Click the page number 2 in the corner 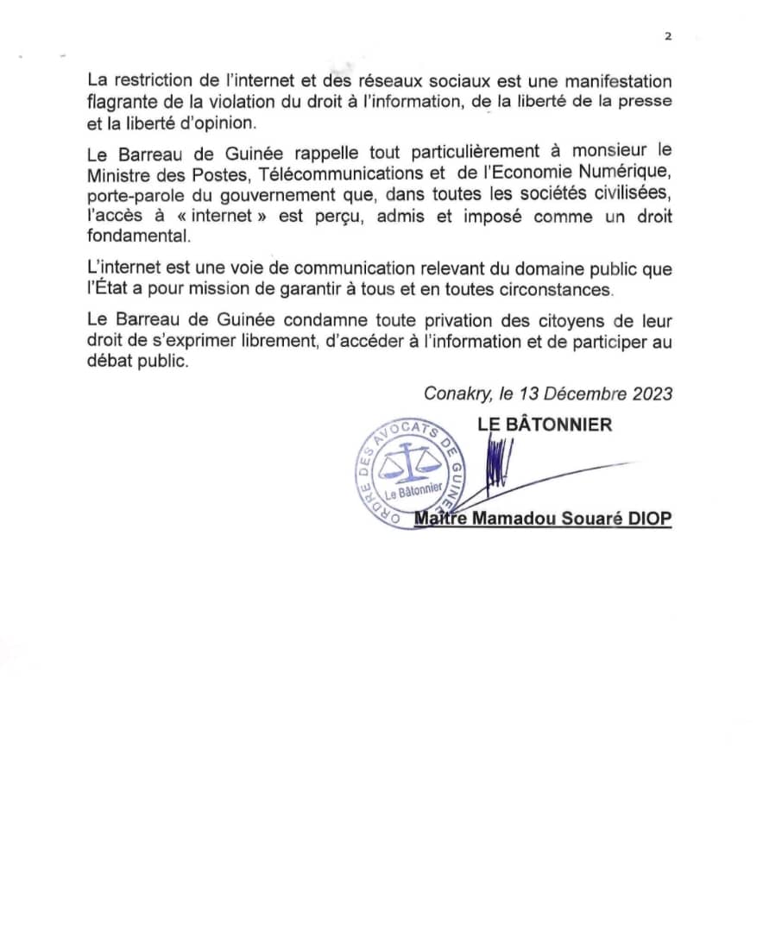[x=668, y=36]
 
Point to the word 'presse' [x=649, y=102]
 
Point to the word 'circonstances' [x=559, y=289]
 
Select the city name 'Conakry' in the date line [x=456, y=394]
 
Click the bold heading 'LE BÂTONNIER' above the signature [x=545, y=425]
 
